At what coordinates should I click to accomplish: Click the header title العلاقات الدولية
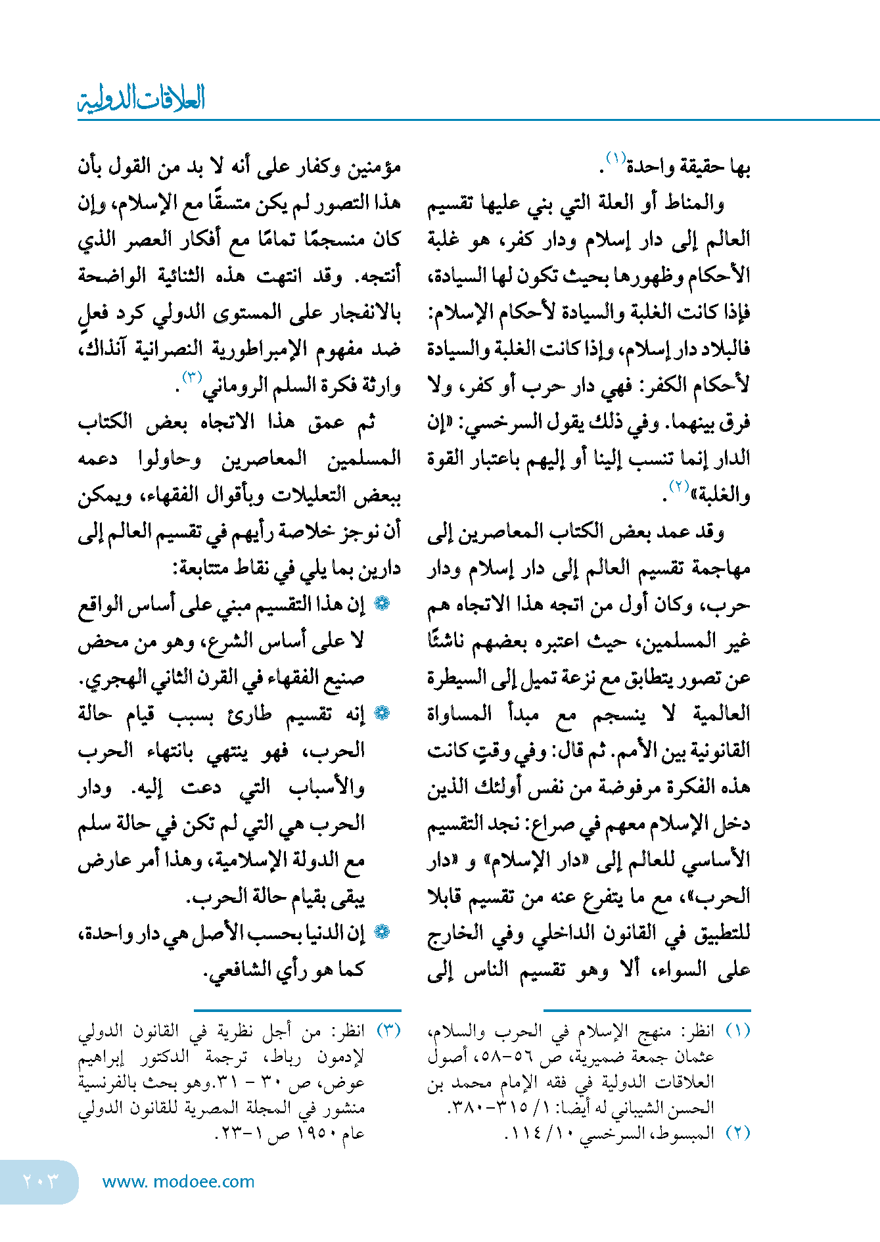(141, 99)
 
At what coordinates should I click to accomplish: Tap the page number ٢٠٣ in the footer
(40, 1181)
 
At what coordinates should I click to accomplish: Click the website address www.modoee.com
(178, 1182)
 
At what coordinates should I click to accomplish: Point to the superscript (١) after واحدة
(615, 158)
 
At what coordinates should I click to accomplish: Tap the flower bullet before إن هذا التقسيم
(382, 603)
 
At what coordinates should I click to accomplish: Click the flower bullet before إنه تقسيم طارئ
(382, 713)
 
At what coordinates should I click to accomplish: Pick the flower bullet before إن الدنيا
(382, 932)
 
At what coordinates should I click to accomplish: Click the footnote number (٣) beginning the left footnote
(389, 1030)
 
